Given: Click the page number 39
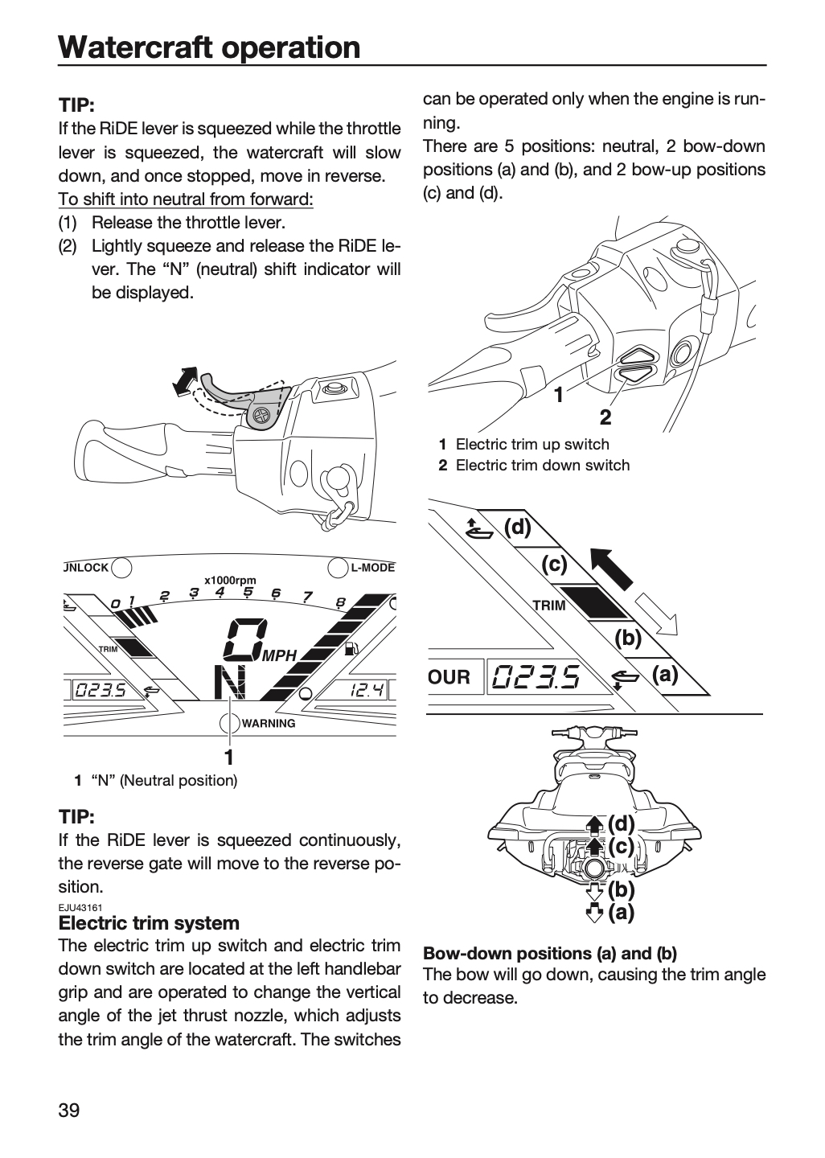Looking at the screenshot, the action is click(69, 1110).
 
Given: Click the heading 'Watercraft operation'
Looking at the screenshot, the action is click(209, 47).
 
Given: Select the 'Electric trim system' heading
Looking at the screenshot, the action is click(149, 922).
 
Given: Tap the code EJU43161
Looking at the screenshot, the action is click(80, 907).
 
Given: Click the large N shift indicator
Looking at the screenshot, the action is click(230, 683).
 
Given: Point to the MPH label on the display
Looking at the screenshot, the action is click(280, 656).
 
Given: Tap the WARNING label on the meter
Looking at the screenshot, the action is click(269, 723).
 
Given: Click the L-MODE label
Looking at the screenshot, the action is click(373, 568).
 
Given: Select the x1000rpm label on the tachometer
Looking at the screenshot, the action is click(230, 581).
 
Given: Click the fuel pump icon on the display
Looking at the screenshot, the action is click(351, 648).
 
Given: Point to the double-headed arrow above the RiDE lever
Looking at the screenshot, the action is click(185, 382).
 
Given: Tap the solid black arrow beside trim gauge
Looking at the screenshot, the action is click(611, 569).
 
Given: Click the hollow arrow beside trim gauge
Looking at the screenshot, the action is click(656, 614).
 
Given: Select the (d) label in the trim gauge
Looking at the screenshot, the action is click(518, 528).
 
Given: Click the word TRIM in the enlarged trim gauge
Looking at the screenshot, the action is click(549, 606).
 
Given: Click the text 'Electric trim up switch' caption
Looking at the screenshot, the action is click(532, 444).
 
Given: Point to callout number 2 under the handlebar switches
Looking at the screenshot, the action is click(605, 417).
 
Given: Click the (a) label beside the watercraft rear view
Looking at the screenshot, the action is click(621, 913).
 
